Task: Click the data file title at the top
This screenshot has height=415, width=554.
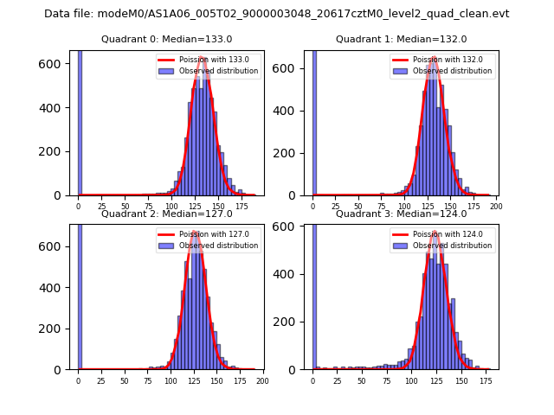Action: [x=277, y=14]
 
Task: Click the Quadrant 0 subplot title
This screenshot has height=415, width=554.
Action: [x=167, y=39]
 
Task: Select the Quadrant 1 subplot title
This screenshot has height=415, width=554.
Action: [x=402, y=39]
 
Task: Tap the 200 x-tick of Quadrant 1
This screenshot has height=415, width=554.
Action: [x=497, y=207]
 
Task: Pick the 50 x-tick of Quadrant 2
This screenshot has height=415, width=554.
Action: [x=124, y=381]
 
